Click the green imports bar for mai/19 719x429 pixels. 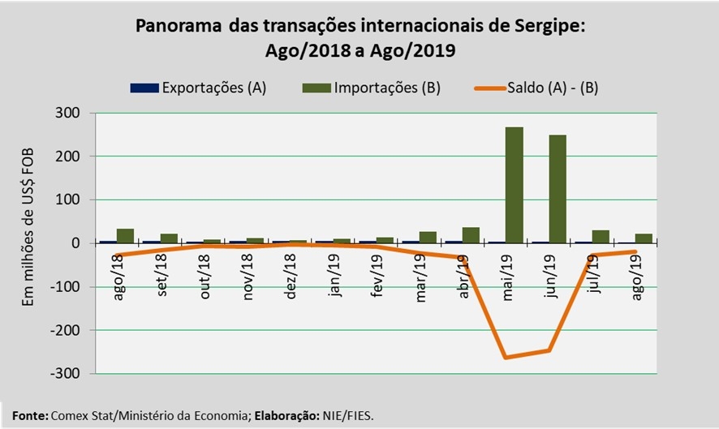(x=514, y=185)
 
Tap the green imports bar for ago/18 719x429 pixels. (x=125, y=235)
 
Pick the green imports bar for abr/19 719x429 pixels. (x=471, y=234)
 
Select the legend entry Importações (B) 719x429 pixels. (x=387, y=88)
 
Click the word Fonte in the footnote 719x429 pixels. (x=28, y=415)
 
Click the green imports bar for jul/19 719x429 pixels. (x=601, y=236)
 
